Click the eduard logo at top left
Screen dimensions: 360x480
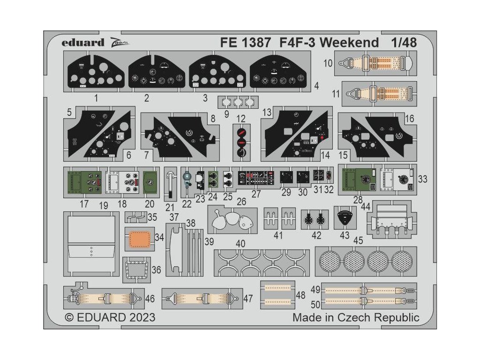82,43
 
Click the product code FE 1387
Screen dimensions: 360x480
245,43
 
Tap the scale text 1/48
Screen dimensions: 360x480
403,43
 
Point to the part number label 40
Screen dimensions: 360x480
240,244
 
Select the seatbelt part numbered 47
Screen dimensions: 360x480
202,298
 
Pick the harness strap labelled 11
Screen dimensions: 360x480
379,93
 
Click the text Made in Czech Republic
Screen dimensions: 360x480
356,317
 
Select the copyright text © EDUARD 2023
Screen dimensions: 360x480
110,317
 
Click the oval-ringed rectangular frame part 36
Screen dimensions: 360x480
136,270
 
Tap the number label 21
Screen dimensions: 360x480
170,207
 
